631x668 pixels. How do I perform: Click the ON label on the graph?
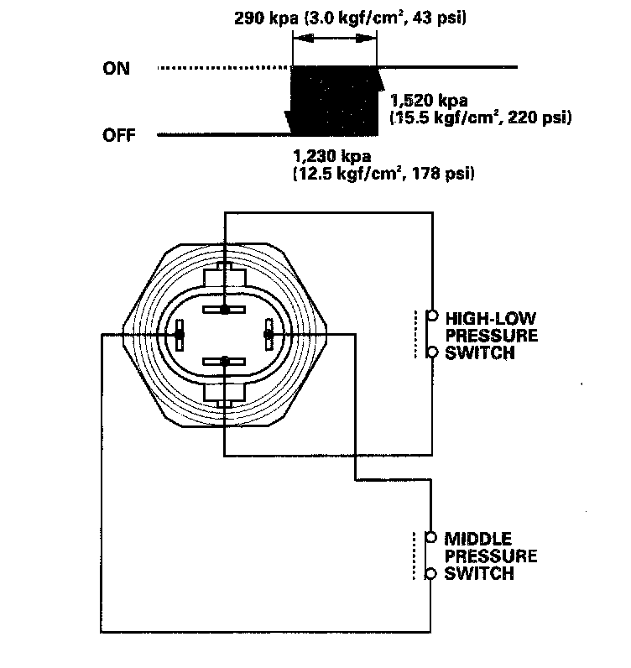pos(116,69)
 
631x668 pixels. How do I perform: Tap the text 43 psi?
pos(441,18)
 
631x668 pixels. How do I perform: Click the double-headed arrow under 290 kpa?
pos(335,39)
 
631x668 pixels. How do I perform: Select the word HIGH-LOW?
pos(490,318)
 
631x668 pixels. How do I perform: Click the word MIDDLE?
pos(479,538)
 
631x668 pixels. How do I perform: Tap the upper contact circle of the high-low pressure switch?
pos(432,316)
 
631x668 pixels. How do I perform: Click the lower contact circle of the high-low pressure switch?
pos(432,352)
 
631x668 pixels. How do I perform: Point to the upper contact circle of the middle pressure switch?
pos(431,537)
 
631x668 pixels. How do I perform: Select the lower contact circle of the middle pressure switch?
pos(431,573)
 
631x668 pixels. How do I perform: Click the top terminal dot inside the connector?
pos(225,311)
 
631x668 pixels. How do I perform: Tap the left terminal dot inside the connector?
pos(180,335)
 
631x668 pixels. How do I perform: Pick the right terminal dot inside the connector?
pos(269,335)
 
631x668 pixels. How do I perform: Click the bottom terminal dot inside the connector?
pos(225,361)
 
